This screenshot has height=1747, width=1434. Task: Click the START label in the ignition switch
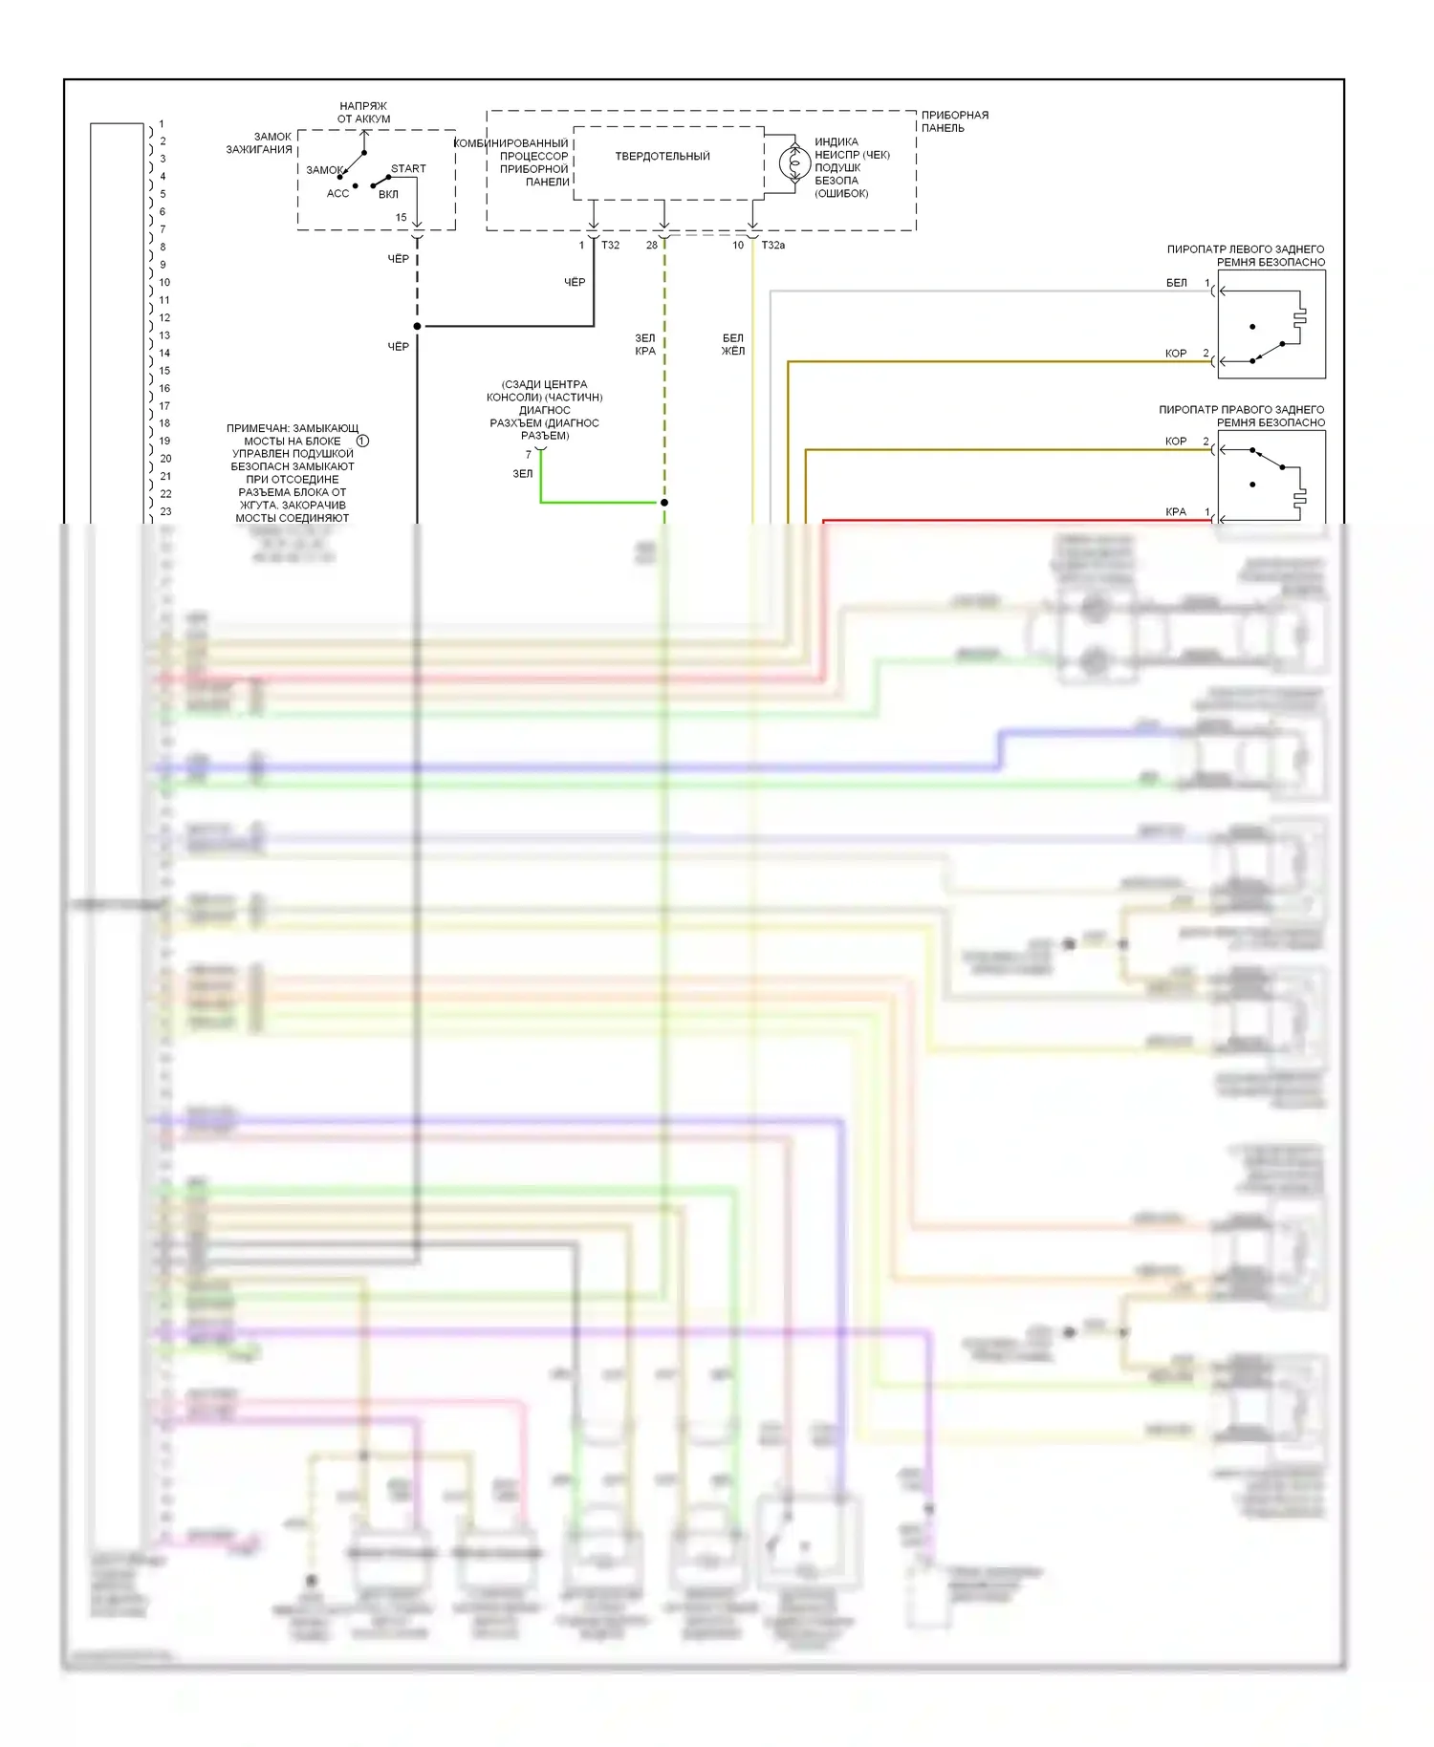click(408, 169)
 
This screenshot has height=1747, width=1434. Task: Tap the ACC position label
click(337, 194)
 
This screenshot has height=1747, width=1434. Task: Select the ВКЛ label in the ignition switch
click(388, 195)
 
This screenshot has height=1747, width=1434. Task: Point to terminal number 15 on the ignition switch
click(402, 218)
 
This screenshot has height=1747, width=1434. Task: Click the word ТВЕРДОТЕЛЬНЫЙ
click(663, 157)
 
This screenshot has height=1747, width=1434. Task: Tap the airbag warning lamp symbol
click(794, 163)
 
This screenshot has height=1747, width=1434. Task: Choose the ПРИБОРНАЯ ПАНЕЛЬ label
click(954, 121)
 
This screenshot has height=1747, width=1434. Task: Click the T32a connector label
click(772, 246)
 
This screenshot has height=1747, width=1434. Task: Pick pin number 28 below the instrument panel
click(652, 246)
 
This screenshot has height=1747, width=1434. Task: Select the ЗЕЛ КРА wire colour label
click(645, 344)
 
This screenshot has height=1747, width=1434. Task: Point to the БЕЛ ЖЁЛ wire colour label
click(733, 344)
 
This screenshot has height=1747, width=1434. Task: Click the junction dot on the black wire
click(418, 327)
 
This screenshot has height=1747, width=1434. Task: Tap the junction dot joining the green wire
click(664, 503)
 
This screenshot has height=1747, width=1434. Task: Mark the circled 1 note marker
click(363, 441)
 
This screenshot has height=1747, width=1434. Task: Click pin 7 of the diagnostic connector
click(529, 455)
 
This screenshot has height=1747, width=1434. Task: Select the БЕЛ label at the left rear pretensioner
click(1177, 283)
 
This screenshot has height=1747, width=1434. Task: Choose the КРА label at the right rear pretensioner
click(1176, 512)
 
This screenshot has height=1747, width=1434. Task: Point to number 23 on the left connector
click(166, 511)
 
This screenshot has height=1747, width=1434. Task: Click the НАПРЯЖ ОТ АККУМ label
click(363, 113)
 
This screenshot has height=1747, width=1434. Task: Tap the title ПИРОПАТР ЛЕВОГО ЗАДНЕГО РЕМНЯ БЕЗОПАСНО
click(1245, 255)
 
